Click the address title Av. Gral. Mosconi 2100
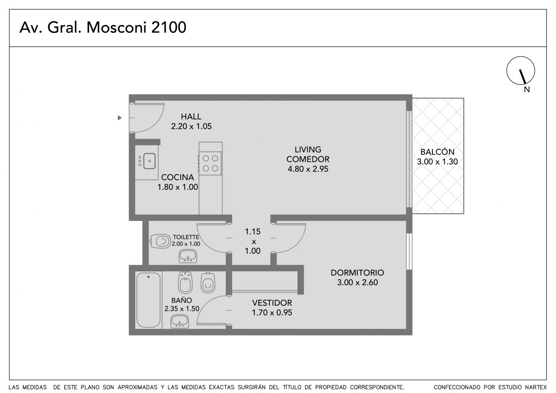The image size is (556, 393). click(103, 27)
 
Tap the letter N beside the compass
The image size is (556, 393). click(527, 90)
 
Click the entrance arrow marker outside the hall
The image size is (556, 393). click(120, 118)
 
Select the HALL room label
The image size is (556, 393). click(191, 116)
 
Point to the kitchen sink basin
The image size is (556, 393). click(149, 161)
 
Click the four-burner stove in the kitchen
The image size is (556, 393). click(210, 163)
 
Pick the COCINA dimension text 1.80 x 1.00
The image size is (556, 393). click(178, 187)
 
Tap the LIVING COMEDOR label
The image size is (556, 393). click(308, 154)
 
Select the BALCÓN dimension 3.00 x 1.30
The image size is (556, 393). click(437, 162)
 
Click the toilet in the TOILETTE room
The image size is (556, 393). click(160, 241)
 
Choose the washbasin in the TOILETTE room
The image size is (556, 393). click(188, 256)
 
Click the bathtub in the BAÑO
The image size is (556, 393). click(148, 300)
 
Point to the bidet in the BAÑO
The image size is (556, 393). click(185, 282)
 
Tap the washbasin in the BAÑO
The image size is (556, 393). click(180, 321)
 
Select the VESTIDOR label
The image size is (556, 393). click(272, 303)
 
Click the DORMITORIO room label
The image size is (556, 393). click(358, 273)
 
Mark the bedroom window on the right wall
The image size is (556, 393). click(409, 251)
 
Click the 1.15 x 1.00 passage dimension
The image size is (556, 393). click(253, 241)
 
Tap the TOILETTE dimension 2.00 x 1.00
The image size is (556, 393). click(186, 244)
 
